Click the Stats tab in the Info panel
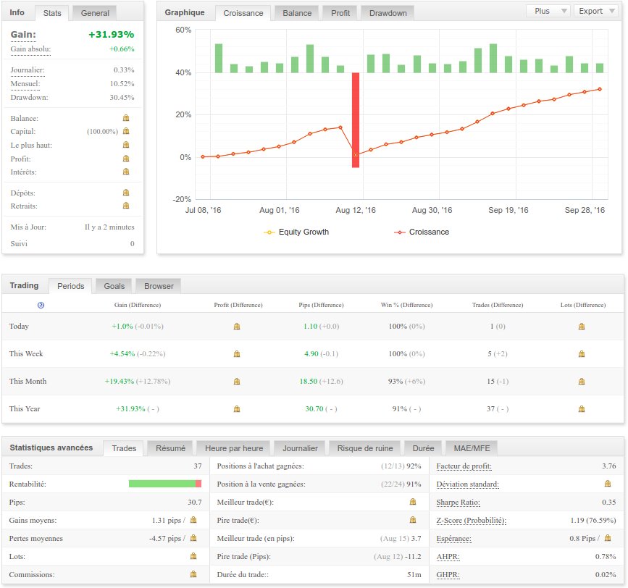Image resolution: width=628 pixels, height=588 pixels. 52,13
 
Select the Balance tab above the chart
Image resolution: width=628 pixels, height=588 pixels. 297,13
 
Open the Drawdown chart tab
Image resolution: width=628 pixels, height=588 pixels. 388,13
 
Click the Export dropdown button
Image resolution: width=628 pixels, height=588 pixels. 595,11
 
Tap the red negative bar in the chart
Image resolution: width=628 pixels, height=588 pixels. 356,119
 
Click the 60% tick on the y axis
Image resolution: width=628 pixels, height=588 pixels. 183,30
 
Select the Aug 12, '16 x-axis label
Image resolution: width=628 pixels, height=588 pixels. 356,210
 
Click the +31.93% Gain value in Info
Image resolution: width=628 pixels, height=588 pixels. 111,35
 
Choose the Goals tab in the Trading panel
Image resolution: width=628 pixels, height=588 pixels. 109,286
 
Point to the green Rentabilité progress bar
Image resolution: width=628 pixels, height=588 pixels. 162,484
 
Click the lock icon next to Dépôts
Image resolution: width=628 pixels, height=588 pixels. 125,193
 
